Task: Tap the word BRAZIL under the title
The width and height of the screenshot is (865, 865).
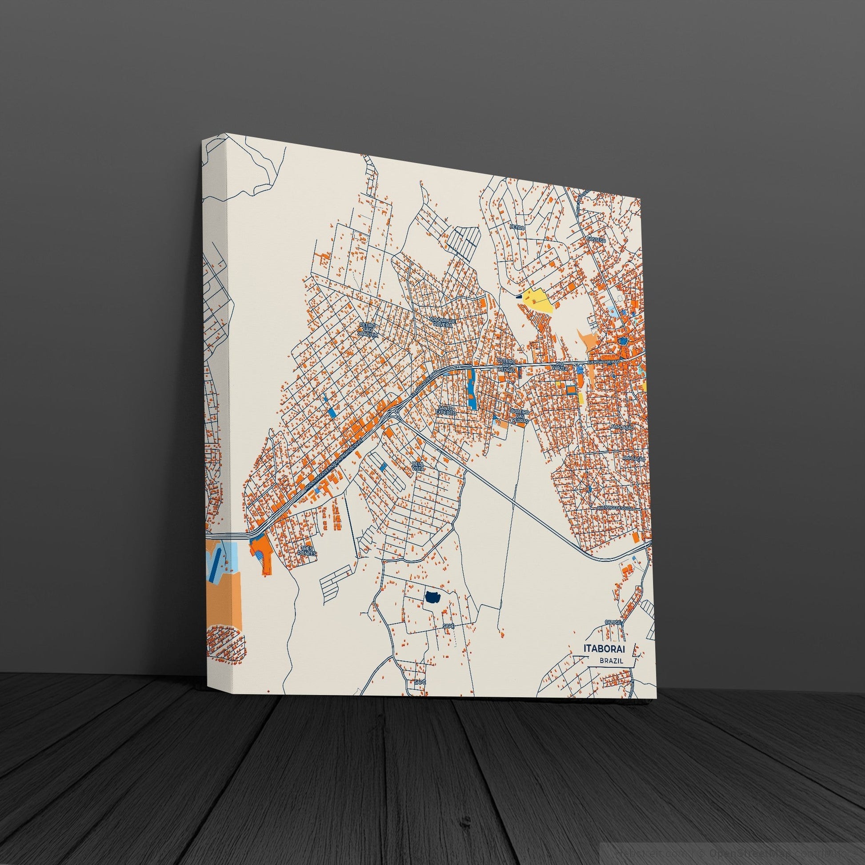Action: coord(611,661)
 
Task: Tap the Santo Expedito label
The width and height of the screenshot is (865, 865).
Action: coord(447,411)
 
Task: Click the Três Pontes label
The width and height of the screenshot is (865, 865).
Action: coord(308,551)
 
